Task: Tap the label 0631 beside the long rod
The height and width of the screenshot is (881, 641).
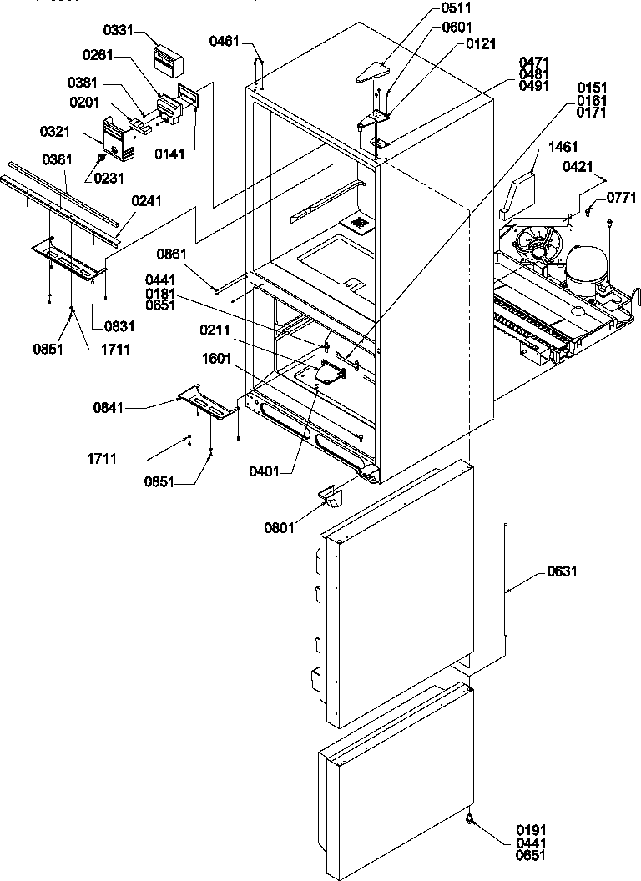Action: click(x=562, y=572)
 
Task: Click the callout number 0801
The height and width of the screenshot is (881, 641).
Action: click(x=280, y=527)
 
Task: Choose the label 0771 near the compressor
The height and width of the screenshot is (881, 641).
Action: click(x=621, y=198)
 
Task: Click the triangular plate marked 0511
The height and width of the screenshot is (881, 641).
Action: click(x=374, y=73)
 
